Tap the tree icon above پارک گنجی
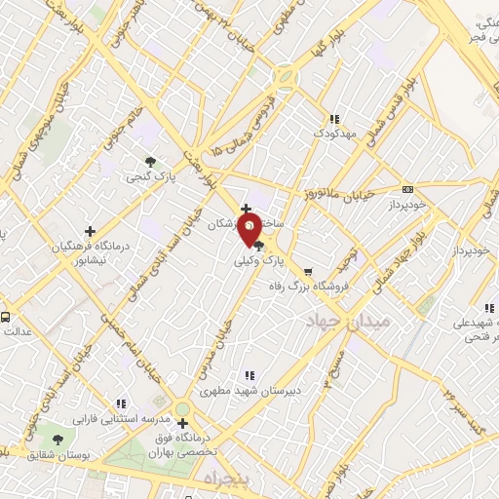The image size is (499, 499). pos(149,162)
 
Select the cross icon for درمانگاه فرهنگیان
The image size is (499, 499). pos(90,232)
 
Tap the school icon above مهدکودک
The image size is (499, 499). pos(334,118)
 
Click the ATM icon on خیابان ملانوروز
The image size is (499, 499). pos(407,189)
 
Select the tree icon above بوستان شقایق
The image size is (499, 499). pos(58,441)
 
